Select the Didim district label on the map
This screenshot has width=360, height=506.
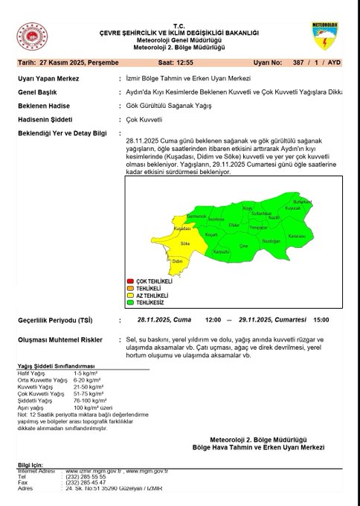tap(178, 262)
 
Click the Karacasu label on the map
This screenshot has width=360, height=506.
tap(297, 235)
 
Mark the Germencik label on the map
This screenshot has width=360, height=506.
tap(196, 215)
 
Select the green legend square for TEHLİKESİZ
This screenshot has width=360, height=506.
tap(130, 303)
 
